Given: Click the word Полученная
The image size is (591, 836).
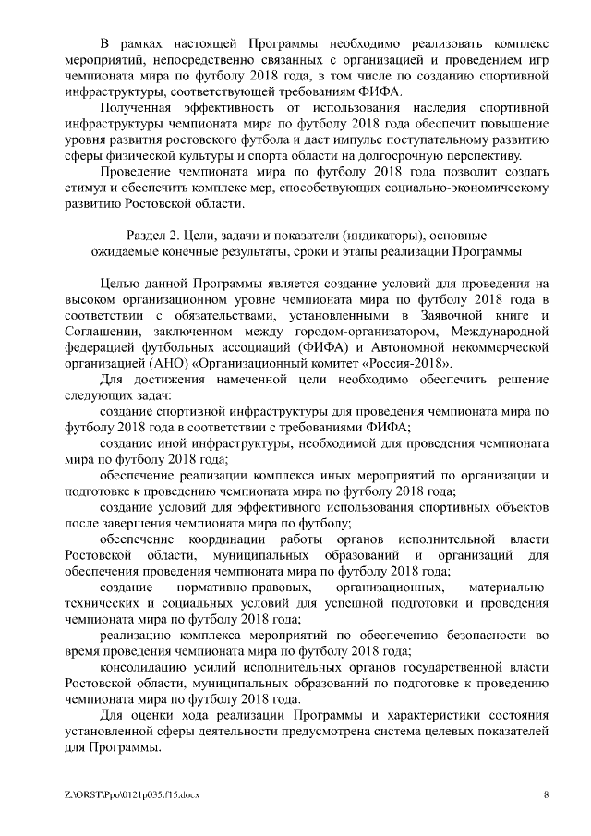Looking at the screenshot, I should coord(139,108).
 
